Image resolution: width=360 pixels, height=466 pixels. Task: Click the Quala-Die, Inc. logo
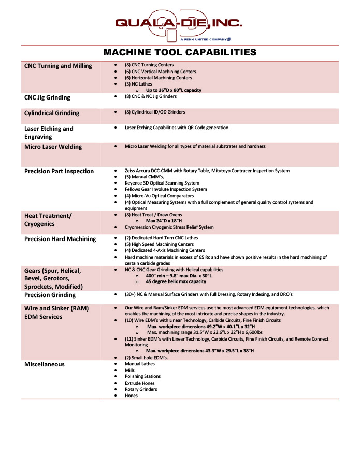point(178,23)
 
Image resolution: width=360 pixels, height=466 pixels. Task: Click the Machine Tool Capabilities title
point(180,52)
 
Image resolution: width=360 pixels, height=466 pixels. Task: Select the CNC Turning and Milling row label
point(58,66)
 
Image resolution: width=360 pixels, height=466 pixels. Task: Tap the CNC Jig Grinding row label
point(47,97)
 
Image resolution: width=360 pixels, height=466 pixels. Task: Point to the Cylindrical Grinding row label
point(52,113)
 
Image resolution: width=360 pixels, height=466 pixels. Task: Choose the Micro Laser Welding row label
point(53,147)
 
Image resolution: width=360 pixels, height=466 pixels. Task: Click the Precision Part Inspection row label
point(59,171)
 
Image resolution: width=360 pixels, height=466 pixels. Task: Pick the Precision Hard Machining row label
point(60,239)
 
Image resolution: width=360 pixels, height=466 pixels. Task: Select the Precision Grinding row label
point(50,295)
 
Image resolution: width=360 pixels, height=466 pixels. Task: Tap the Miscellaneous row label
point(45,364)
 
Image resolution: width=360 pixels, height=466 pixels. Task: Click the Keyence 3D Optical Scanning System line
point(162,183)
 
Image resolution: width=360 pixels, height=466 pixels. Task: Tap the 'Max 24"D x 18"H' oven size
point(165,221)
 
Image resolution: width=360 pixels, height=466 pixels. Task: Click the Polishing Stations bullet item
point(142,376)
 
